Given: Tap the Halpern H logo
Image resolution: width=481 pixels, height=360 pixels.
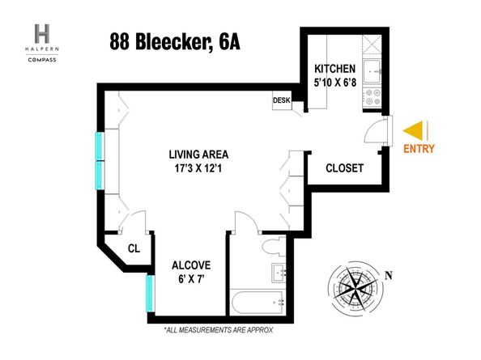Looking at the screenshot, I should (x=42, y=34).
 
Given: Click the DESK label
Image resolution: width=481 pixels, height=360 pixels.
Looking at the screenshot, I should (x=281, y=100).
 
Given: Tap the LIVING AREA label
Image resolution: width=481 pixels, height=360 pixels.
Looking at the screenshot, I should (x=199, y=155).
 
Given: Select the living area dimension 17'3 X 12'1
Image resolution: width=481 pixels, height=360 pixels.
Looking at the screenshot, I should (x=199, y=169).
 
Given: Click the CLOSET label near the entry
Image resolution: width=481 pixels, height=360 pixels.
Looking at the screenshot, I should (x=344, y=168).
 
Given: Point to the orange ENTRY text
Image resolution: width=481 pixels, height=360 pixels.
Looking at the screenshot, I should (x=418, y=148).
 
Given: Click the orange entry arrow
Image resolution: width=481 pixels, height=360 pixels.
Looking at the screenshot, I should (x=413, y=129).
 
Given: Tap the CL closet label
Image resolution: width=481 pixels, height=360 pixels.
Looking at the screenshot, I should (x=134, y=248).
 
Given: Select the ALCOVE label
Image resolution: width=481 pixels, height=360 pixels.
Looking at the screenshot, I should (x=191, y=265).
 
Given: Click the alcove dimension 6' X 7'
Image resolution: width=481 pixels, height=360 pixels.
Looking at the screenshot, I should (x=191, y=279).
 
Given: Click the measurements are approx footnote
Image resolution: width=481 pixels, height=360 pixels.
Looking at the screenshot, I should (x=218, y=330).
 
